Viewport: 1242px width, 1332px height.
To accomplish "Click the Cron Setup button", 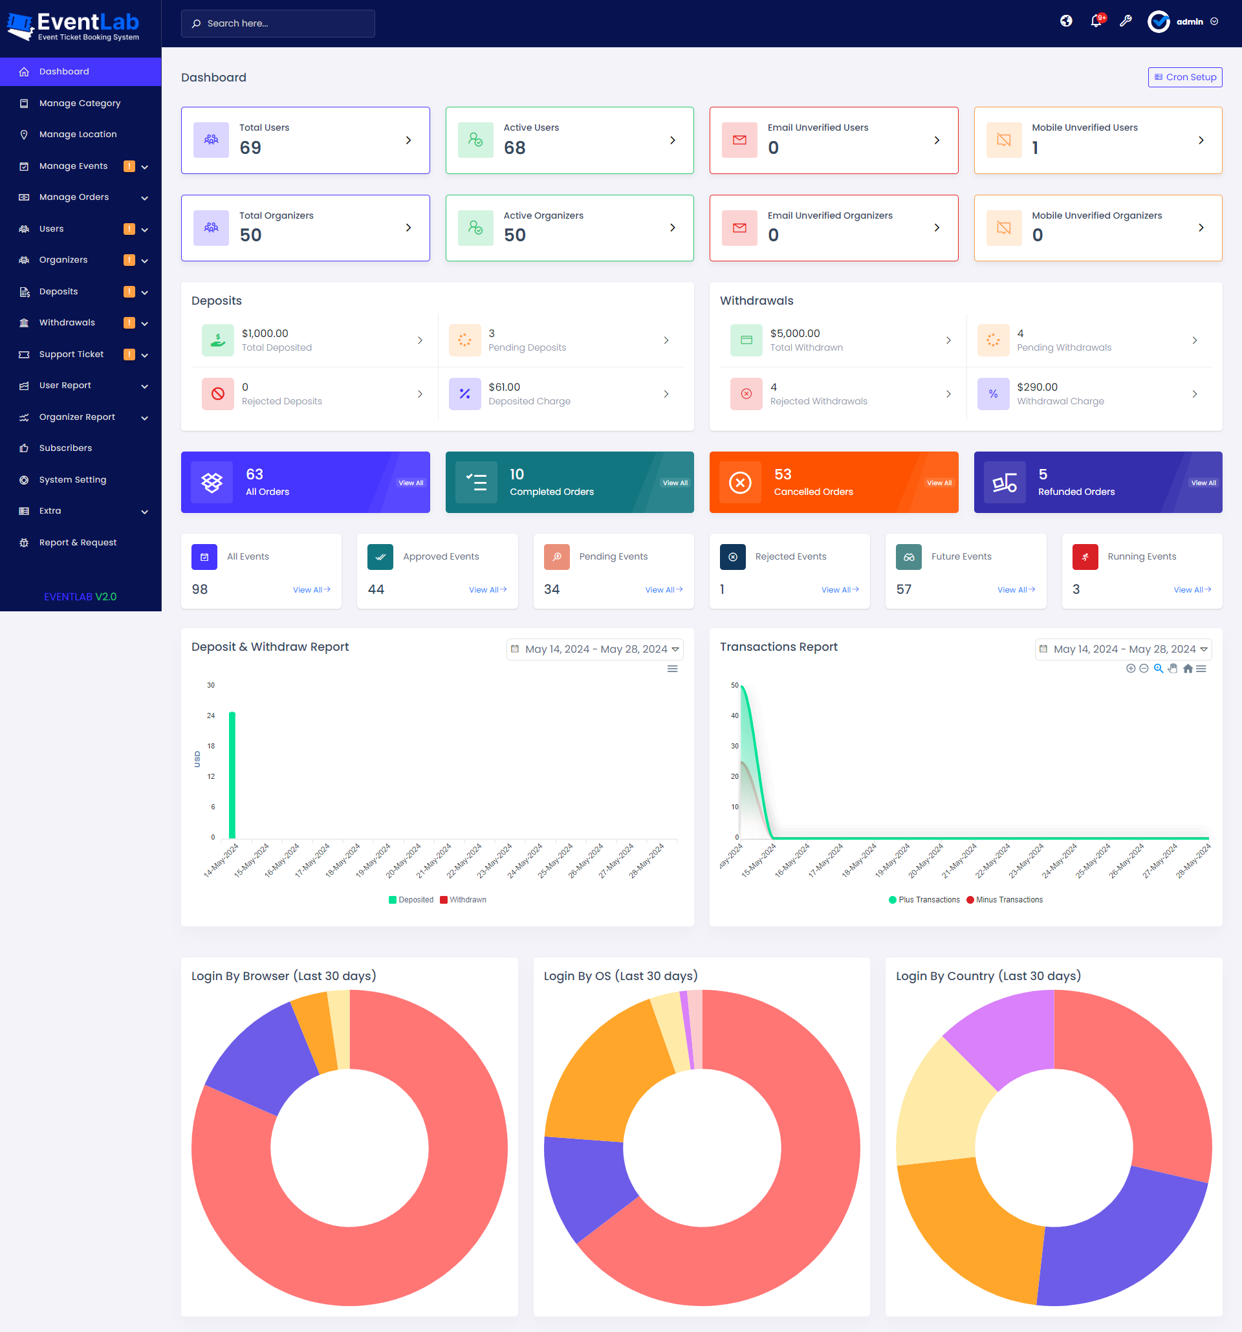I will point(1184,77).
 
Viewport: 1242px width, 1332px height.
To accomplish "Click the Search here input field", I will point(278,23).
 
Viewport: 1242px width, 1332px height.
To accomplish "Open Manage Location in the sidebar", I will point(78,134).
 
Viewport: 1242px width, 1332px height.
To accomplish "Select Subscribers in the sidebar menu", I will point(65,448).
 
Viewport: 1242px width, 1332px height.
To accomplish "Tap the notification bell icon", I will point(1096,21).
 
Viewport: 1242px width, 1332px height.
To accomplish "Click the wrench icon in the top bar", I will point(1126,21).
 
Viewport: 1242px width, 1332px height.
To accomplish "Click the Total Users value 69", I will point(250,147).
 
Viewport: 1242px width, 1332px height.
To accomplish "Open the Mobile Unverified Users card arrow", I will point(1201,140).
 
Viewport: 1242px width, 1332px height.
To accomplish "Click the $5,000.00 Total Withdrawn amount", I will point(794,333).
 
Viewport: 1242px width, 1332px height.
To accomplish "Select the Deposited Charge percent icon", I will point(464,394).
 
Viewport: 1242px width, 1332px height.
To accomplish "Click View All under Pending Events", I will point(663,589).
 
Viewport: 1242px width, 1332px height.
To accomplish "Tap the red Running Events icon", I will point(1085,557).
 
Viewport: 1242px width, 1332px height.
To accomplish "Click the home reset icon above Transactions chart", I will point(1187,669).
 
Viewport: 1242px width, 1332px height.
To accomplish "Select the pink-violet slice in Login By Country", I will point(1005,1035).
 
